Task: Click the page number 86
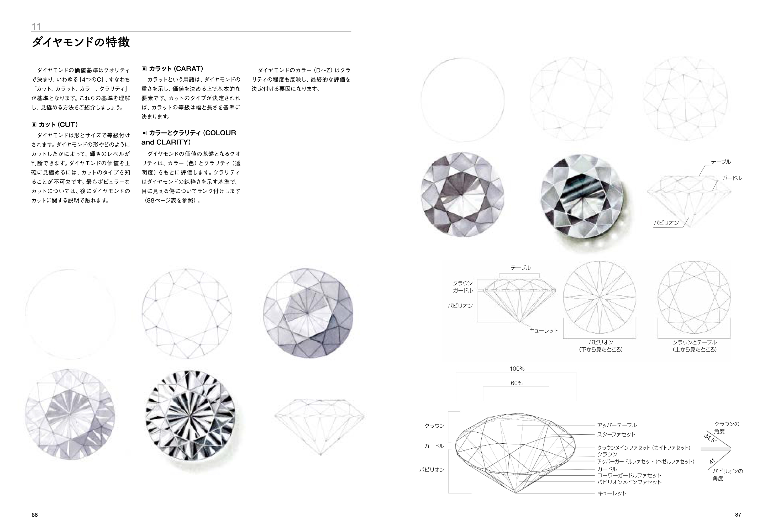tap(35, 515)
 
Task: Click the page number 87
tap(738, 514)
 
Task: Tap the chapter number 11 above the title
tap(36, 26)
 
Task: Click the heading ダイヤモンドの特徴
tap(81, 42)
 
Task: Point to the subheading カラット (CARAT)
tap(172, 69)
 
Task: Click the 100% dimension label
tap(517, 369)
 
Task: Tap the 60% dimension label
tap(517, 383)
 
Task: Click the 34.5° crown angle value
tap(710, 438)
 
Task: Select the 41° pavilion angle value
tap(713, 460)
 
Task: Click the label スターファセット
tap(616, 434)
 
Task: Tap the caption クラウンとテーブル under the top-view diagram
tap(695, 342)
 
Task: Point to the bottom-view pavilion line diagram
tap(600, 297)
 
